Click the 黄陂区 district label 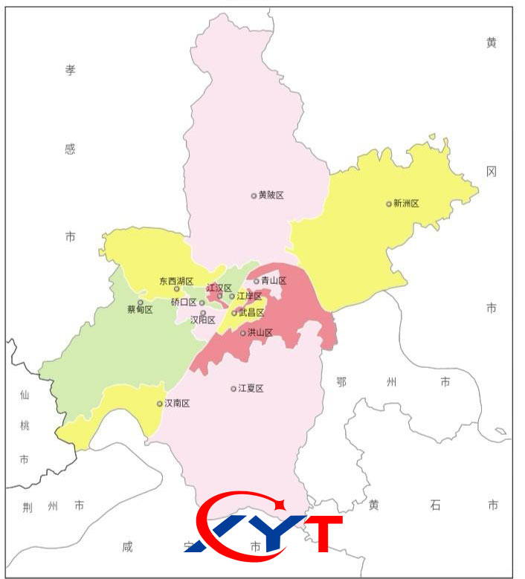[x=271, y=195]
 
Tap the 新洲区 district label [x=407, y=203]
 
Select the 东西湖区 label [x=176, y=282]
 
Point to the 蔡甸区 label [x=140, y=310]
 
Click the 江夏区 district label [x=251, y=388]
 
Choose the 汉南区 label [x=178, y=404]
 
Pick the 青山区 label [x=274, y=281]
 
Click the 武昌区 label [x=251, y=313]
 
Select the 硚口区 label [x=184, y=302]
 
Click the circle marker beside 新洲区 [x=389, y=204]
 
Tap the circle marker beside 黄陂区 [x=254, y=196]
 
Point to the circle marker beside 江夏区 [x=233, y=389]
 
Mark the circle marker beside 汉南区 [x=160, y=404]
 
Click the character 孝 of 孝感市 [x=70, y=71]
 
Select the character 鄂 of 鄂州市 [x=341, y=382]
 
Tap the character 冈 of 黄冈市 [x=492, y=171]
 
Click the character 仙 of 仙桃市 [x=24, y=394]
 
